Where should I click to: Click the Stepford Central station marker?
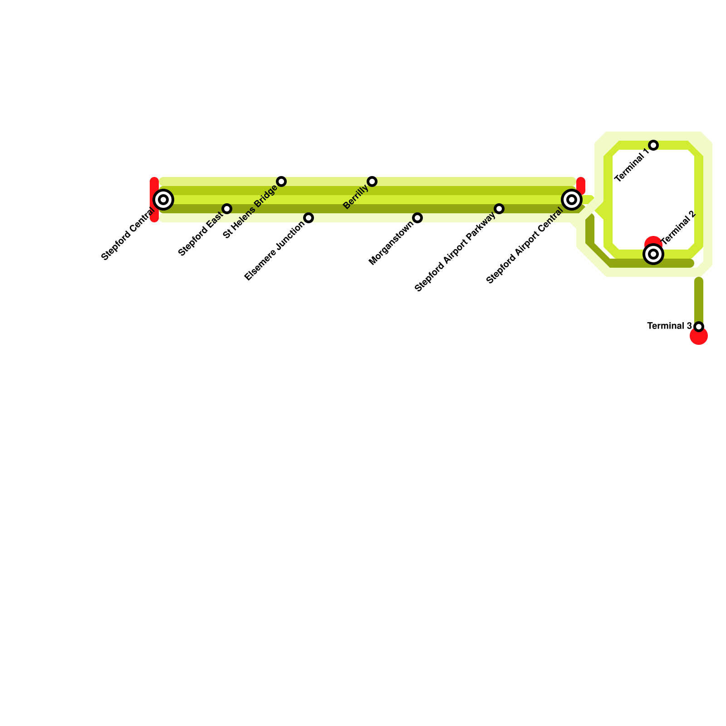[163, 200]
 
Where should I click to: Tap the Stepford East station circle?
[227, 209]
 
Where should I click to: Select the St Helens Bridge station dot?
[281, 181]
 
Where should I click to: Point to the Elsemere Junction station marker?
[309, 218]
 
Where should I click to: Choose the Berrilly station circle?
[372, 181]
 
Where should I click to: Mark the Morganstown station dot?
[417, 218]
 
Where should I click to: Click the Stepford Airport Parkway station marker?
[499, 209]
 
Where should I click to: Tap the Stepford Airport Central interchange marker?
[572, 200]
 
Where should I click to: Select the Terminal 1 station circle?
[653, 145]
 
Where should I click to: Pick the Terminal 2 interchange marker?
[653, 254]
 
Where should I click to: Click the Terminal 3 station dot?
[699, 327]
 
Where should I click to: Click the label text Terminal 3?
[669, 326]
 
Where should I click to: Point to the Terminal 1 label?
[631, 168]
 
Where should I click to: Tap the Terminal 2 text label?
[679, 227]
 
